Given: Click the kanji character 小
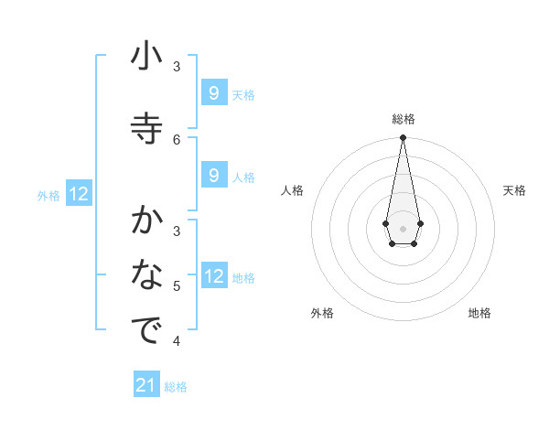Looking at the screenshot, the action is [x=146, y=59].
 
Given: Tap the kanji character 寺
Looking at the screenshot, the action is [x=146, y=126].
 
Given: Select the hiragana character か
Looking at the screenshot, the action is [x=146, y=221].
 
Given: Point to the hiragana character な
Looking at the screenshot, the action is [x=146, y=275].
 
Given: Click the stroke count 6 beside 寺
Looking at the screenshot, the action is [x=177, y=139].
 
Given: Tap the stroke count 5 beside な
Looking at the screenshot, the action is [x=177, y=286].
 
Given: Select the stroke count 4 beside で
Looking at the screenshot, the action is [x=177, y=341].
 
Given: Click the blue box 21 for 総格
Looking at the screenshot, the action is [x=146, y=385].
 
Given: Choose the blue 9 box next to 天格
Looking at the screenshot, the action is [x=214, y=93].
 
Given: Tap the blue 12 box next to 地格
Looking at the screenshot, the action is [x=214, y=276].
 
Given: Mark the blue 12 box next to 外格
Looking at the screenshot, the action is [x=79, y=194].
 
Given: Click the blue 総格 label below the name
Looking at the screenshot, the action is [x=176, y=387].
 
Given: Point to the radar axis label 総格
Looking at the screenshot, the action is [x=403, y=119].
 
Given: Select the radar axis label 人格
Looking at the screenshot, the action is [x=293, y=190].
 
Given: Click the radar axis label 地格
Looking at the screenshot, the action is [x=479, y=313].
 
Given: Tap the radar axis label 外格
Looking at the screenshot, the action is [x=322, y=313].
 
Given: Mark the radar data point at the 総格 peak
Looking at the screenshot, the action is [x=403, y=138].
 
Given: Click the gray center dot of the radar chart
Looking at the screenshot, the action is [x=403, y=227].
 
